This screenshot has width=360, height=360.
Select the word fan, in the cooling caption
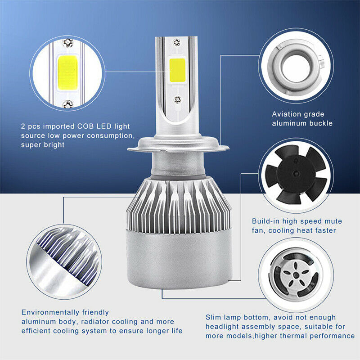[261, 230]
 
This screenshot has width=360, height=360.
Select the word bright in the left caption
[52, 145]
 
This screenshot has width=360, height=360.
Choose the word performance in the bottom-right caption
[333, 336]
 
